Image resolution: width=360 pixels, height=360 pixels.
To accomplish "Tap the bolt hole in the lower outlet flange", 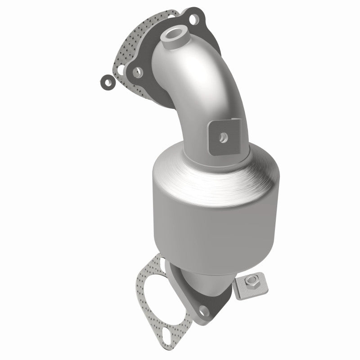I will pos(204,311).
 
